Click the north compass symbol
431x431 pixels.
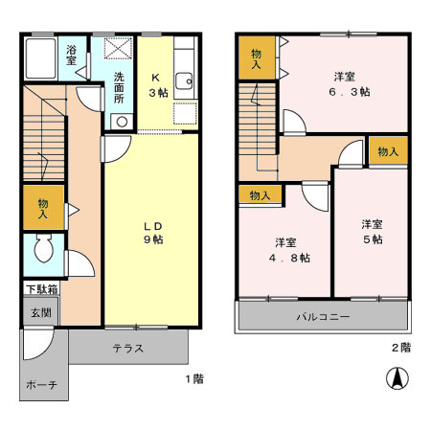point(394,378)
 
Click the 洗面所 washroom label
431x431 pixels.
point(120,87)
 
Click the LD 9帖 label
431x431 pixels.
point(152,232)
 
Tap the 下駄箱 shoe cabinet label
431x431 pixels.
point(40,289)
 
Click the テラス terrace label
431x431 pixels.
point(127,348)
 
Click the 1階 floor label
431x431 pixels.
point(193,378)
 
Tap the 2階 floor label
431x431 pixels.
point(400,347)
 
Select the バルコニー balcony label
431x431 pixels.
point(322,316)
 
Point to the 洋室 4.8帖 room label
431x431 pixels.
point(285,249)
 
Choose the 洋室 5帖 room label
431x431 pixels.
point(372,231)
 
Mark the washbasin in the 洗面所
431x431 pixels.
point(120,121)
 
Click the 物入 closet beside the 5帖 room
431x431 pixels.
point(388,152)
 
